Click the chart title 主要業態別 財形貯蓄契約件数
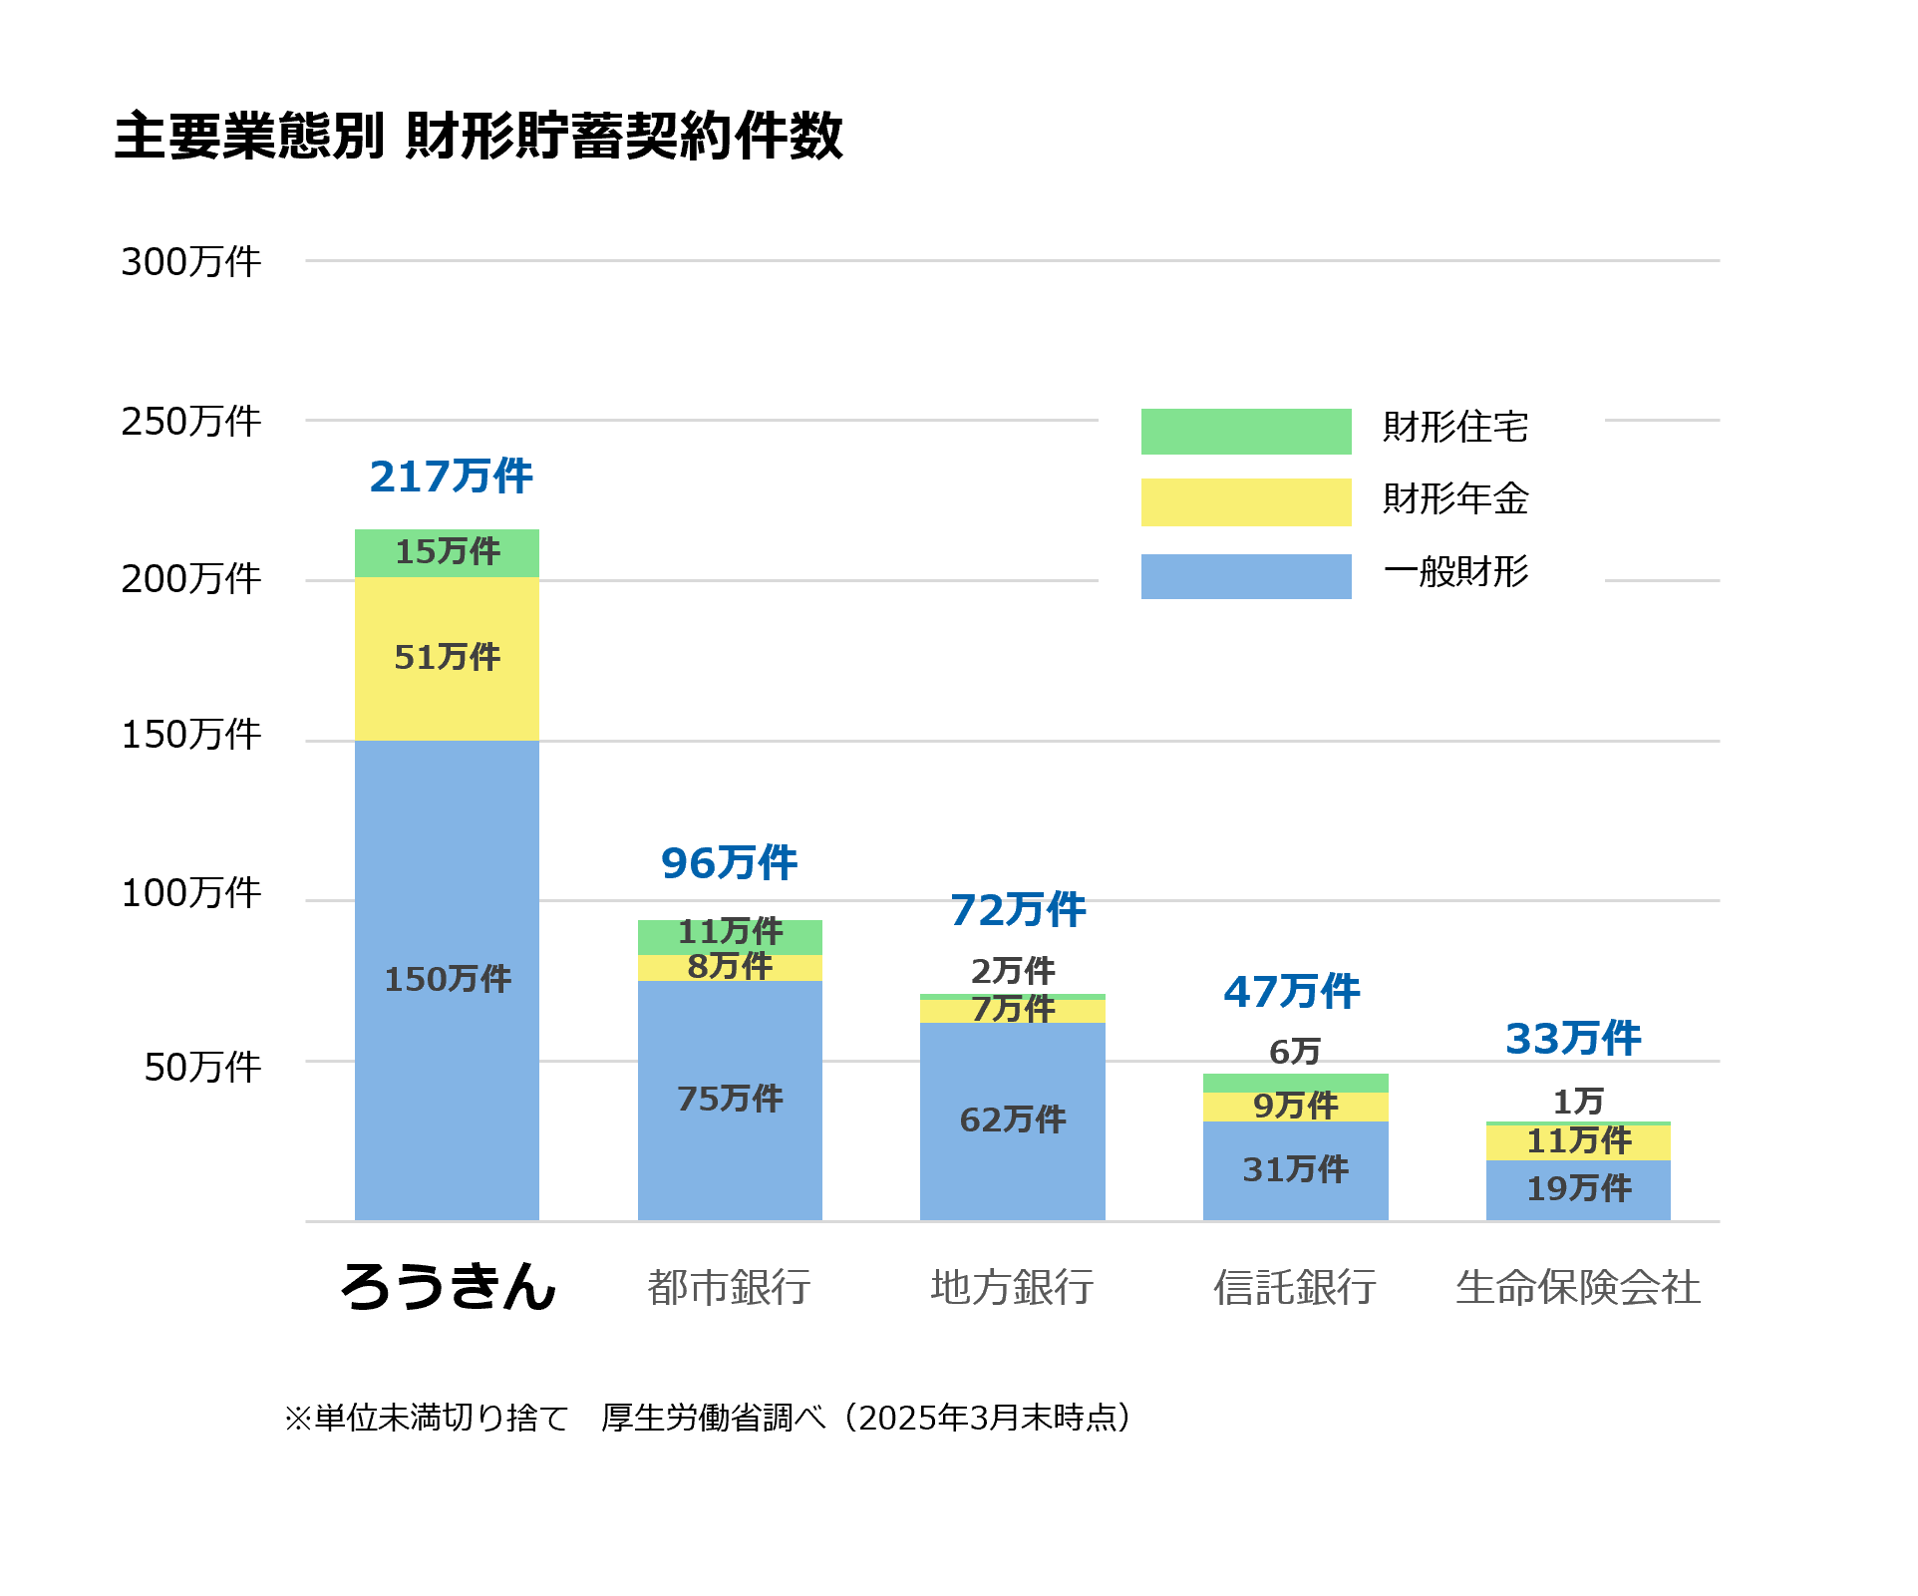pyautogui.click(x=479, y=137)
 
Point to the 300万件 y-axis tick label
pyautogui.click(x=190, y=262)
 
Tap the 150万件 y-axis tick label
pyautogui.click(x=190, y=735)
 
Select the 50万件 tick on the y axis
pyautogui.click(x=202, y=1068)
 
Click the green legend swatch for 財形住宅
pyautogui.click(x=1245, y=432)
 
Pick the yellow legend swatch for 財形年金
pyautogui.click(x=1245, y=502)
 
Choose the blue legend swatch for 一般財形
pyautogui.click(x=1245, y=576)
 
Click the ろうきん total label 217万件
pyautogui.click(x=451, y=477)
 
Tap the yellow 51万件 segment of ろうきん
pyautogui.click(x=447, y=658)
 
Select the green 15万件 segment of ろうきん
pyautogui.click(x=447, y=552)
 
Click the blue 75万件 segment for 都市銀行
pyautogui.click(x=730, y=1100)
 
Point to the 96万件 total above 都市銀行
pyautogui.click(x=729, y=863)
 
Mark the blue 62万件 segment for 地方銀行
pyautogui.click(x=1012, y=1120)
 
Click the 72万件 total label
pyautogui.click(x=1018, y=910)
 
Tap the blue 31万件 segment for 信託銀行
pyautogui.click(x=1295, y=1169)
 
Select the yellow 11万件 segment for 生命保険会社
pyautogui.click(x=1578, y=1141)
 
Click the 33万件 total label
pyautogui.click(x=1573, y=1039)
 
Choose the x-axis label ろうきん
pyautogui.click(x=448, y=1286)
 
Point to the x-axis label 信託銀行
pyautogui.click(x=1295, y=1287)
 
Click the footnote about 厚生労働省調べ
pyautogui.click(x=708, y=1418)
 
